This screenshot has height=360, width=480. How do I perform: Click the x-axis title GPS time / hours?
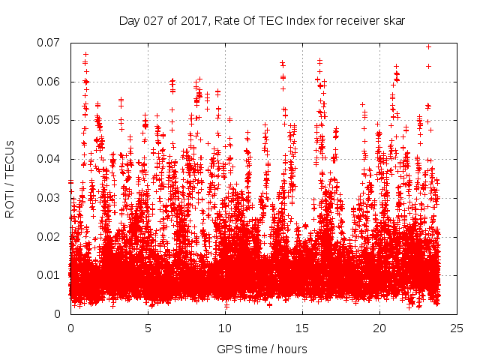262,349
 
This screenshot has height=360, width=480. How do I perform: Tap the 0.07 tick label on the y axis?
51,43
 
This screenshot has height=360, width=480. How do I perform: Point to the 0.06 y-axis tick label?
51,82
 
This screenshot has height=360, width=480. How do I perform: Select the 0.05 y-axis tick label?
51,120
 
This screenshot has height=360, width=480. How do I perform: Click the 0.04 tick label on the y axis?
51,159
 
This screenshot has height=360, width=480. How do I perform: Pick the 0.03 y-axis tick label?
51,198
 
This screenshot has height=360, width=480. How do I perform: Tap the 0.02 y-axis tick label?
51,236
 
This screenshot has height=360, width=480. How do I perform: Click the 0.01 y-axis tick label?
51,275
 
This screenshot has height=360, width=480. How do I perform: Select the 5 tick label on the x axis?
148,328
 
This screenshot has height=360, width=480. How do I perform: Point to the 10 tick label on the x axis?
225,328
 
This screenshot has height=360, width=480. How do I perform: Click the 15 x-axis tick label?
302,328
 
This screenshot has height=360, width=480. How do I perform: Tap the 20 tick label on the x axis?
379,328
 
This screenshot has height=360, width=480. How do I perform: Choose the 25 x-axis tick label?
457,328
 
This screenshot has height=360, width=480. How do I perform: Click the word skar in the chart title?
394,21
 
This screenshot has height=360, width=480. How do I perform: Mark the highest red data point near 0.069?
428,46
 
